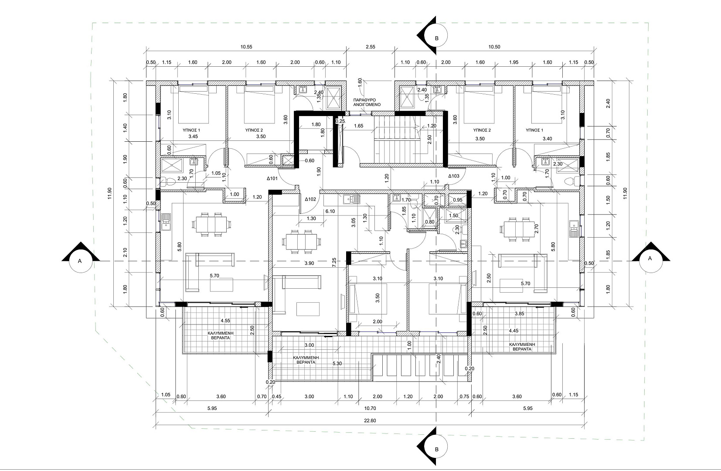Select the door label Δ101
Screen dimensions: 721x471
(272, 178)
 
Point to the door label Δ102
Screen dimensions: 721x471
(310, 199)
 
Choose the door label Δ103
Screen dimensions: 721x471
(453, 176)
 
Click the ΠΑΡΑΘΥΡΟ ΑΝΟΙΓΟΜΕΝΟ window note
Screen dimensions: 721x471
(367, 102)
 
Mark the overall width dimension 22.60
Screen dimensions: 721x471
(370, 420)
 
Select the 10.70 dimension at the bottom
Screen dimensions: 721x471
(370, 408)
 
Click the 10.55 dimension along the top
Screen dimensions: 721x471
(246, 47)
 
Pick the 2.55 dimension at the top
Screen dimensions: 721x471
(371, 47)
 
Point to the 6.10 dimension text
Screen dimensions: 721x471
(330, 211)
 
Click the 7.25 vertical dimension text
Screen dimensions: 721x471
(334, 262)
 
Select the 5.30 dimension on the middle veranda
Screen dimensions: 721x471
(337, 363)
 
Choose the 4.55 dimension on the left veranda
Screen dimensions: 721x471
(225, 321)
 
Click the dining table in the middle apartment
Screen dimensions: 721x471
(302, 242)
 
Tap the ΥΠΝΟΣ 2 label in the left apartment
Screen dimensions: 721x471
(254, 130)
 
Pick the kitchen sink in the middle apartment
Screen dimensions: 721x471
(351, 200)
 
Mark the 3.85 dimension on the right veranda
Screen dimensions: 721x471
(520, 313)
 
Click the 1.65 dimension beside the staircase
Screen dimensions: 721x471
(359, 126)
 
